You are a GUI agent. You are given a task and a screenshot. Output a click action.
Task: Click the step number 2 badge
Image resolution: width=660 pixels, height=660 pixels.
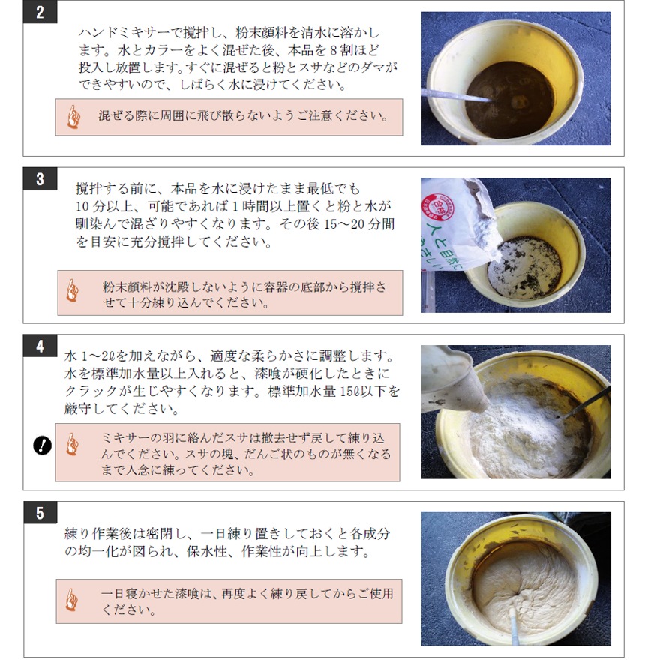pos(40,11)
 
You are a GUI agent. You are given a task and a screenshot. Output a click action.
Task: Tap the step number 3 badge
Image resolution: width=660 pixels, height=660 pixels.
pos(40,179)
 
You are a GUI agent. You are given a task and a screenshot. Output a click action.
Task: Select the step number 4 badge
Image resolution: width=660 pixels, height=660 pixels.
pos(40,346)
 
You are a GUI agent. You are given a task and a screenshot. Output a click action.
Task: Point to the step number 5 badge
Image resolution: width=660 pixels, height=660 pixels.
pos(40,513)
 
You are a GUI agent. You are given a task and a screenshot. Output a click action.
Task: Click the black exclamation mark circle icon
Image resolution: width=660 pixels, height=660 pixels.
pos(42,445)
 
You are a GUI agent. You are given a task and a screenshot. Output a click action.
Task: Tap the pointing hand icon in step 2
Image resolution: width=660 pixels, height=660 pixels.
pos(73,117)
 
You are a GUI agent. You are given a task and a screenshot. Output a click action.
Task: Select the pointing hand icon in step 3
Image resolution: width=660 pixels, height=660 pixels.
pos(73,290)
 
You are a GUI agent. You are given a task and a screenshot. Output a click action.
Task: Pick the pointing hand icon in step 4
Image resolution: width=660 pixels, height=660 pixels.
pos(73,444)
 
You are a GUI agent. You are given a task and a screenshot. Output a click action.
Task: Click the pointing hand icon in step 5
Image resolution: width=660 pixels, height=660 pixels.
pos(72,600)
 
